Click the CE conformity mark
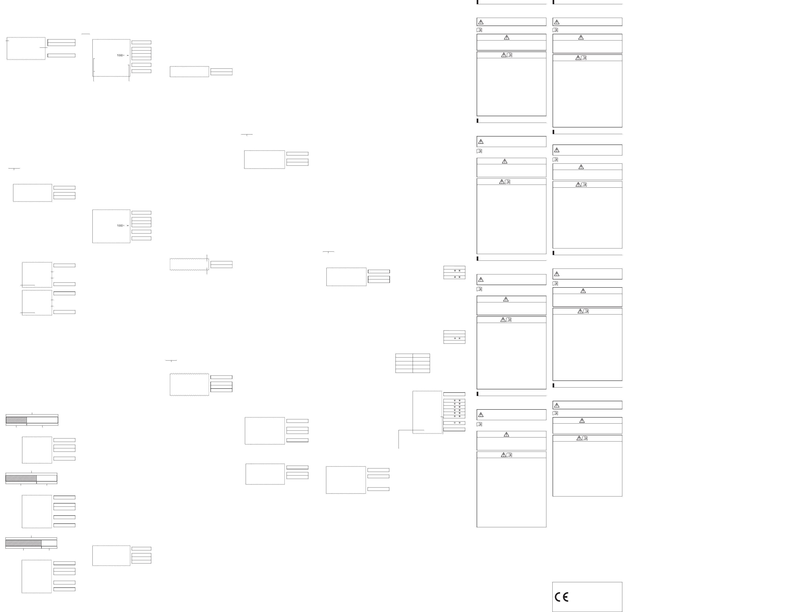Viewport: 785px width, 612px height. (x=561, y=597)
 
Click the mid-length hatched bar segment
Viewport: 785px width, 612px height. (x=21, y=478)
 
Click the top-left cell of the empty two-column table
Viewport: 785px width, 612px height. (x=404, y=355)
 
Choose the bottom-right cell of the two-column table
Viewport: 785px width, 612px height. (x=421, y=371)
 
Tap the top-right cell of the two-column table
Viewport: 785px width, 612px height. (x=421, y=355)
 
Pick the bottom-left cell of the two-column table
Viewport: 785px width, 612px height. (x=404, y=371)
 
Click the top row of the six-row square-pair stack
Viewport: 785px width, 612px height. (x=454, y=401)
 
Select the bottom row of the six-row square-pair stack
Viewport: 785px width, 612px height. (x=454, y=417)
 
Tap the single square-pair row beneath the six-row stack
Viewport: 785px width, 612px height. (x=454, y=423)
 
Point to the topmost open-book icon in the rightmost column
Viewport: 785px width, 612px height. (x=555, y=30)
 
